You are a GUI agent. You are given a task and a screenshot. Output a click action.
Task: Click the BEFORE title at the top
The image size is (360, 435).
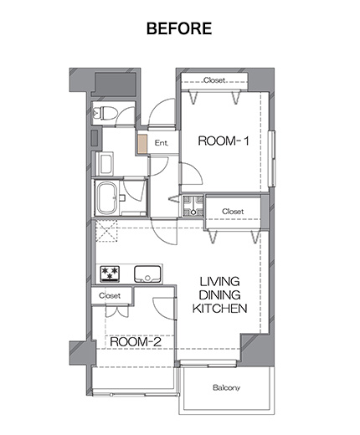coord(179,28)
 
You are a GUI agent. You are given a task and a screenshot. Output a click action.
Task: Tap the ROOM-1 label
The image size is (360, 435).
coord(223,141)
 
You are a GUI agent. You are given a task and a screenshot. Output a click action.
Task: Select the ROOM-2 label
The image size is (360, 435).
coord(136,341)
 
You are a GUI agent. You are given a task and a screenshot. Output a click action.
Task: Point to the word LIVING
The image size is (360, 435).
coord(219,282)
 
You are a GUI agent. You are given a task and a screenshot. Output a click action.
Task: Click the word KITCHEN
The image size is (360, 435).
coord(219,309)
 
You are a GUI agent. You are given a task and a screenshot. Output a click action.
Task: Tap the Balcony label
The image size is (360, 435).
coord(226,387)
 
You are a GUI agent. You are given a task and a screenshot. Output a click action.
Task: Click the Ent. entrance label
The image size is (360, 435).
coord(162,143)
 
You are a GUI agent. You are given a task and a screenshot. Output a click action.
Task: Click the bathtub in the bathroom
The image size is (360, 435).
coord(107,198)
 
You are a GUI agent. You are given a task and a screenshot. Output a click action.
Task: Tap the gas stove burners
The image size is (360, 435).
coord(110,274)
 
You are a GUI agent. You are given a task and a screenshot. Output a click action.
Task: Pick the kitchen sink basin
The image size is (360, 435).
coord(147,274)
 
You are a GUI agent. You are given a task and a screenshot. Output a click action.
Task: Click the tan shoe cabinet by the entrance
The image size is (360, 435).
coord(142,144)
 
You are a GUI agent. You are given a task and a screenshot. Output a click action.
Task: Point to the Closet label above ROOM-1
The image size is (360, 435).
coord(214,80)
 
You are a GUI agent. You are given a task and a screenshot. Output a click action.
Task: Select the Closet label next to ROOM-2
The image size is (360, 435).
coord(110,295)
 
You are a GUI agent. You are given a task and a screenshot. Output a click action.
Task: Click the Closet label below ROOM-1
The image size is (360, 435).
coord(233,212)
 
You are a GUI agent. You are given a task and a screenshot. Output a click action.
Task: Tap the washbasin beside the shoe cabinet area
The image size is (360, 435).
coord(105,164)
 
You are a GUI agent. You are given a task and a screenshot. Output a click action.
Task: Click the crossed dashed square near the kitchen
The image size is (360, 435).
coord(106,231)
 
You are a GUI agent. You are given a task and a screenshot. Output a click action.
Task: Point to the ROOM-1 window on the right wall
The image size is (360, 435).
coord(271,158)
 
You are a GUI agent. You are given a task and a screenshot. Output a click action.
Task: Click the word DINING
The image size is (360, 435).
coord(220,295)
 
